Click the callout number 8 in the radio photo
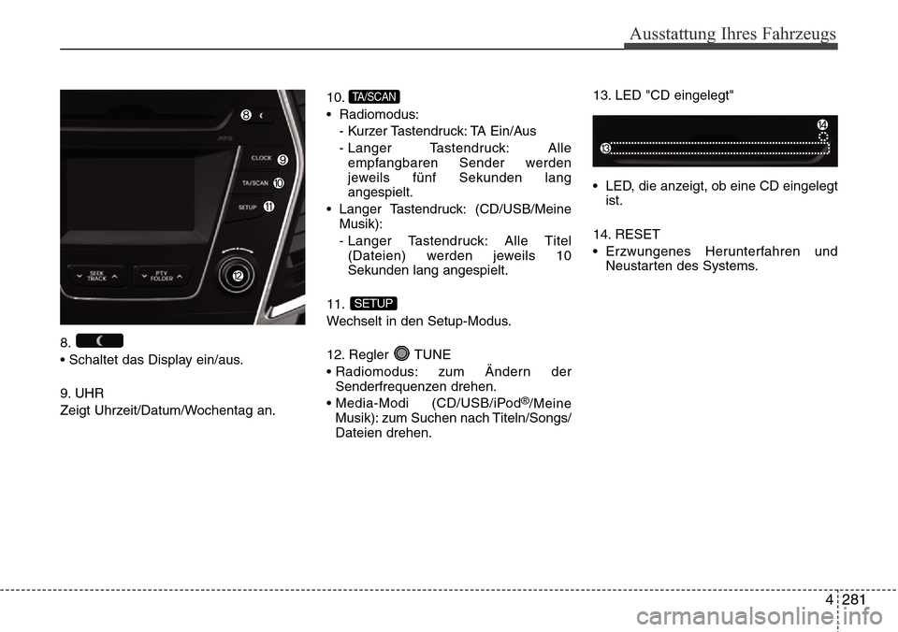click(x=246, y=115)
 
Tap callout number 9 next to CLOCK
click(x=282, y=160)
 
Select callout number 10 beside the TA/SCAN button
click(x=279, y=183)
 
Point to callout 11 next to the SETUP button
click(x=268, y=207)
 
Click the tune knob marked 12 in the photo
click(x=236, y=276)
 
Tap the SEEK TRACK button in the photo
click(x=96, y=277)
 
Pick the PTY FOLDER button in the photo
click(x=162, y=277)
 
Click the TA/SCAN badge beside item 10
click(x=374, y=96)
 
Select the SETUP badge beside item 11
click(x=373, y=304)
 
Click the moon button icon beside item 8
click(x=100, y=340)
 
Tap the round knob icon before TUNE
click(x=402, y=353)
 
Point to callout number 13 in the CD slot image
click(x=605, y=149)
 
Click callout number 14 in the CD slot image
click(x=822, y=124)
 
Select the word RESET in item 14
click(x=637, y=234)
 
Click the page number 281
click(x=854, y=600)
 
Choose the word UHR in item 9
click(x=90, y=394)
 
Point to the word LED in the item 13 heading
click(x=628, y=95)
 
